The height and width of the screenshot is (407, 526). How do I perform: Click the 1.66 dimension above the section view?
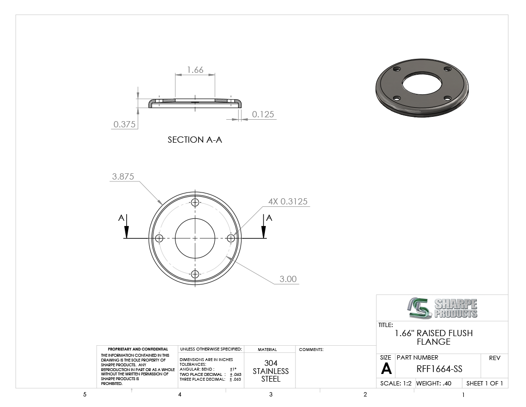pyautogui.click(x=195, y=70)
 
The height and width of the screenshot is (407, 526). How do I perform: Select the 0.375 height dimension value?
pyautogui.click(x=124, y=124)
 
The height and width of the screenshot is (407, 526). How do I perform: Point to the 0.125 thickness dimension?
pyautogui.click(x=263, y=114)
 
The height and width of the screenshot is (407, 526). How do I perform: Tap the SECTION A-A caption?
pyautogui.click(x=195, y=140)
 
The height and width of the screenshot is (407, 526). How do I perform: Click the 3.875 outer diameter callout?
pyautogui.click(x=123, y=177)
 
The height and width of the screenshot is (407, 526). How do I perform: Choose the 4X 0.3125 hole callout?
pyautogui.click(x=288, y=202)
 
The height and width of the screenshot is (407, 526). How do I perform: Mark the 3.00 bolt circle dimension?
pyautogui.click(x=288, y=279)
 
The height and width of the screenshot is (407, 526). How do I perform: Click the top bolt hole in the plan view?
pyautogui.click(x=195, y=202)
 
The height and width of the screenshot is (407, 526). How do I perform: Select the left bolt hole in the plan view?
pyautogui.click(x=159, y=238)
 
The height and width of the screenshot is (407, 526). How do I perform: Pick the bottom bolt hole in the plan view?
pyautogui.click(x=195, y=274)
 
